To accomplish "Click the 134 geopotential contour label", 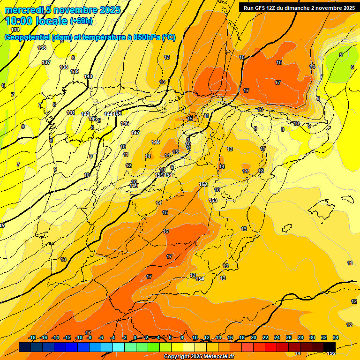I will tap(15, 30).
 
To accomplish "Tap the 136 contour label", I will tap(42, 48).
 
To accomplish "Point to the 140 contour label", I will tap(88, 76).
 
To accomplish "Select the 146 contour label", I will tap(125, 123).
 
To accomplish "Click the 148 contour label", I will tap(156, 142).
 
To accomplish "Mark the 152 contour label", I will tap(203, 184).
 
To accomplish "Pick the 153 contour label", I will tap(213, 200).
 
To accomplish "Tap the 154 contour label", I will tap(200, 279).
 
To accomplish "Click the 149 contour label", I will tap(134, 186).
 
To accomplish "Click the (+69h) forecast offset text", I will tap(82, 21).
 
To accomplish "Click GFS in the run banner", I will tap(260, 8).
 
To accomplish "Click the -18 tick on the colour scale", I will tap(32, 338).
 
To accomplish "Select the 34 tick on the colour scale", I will tap(336, 338).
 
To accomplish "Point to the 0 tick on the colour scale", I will tap(135, 338).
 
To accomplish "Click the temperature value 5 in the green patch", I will tap(341, 55).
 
